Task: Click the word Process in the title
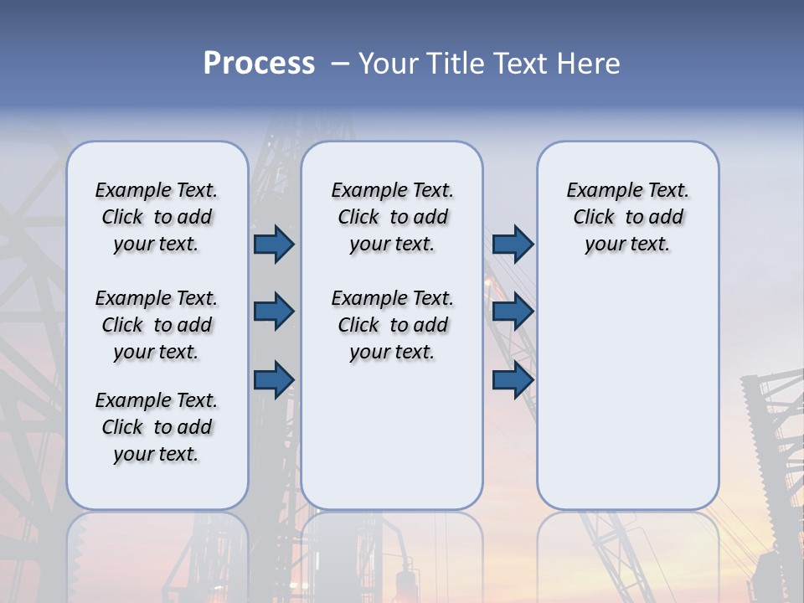(x=259, y=64)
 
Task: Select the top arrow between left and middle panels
(x=274, y=244)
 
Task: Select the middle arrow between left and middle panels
(x=274, y=312)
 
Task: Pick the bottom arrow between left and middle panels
(x=274, y=380)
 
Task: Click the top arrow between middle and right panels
(x=513, y=244)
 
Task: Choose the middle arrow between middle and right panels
(x=513, y=312)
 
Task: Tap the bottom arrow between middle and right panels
(x=513, y=380)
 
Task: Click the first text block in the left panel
(x=156, y=217)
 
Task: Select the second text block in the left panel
(x=156, y=325)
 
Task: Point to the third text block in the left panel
(x=156, y=427)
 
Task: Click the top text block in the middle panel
(x=392, y=217)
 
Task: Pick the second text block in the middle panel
(x=392, y=325)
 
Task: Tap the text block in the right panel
(x=627, y=217)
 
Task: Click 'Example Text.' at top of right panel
(x=627, y=190)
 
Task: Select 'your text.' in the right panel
(x=627, y=245)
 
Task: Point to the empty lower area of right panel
(x=627, y=385)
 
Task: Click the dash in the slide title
(x=340, y=64)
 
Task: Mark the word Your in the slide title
(x=389, y=64)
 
